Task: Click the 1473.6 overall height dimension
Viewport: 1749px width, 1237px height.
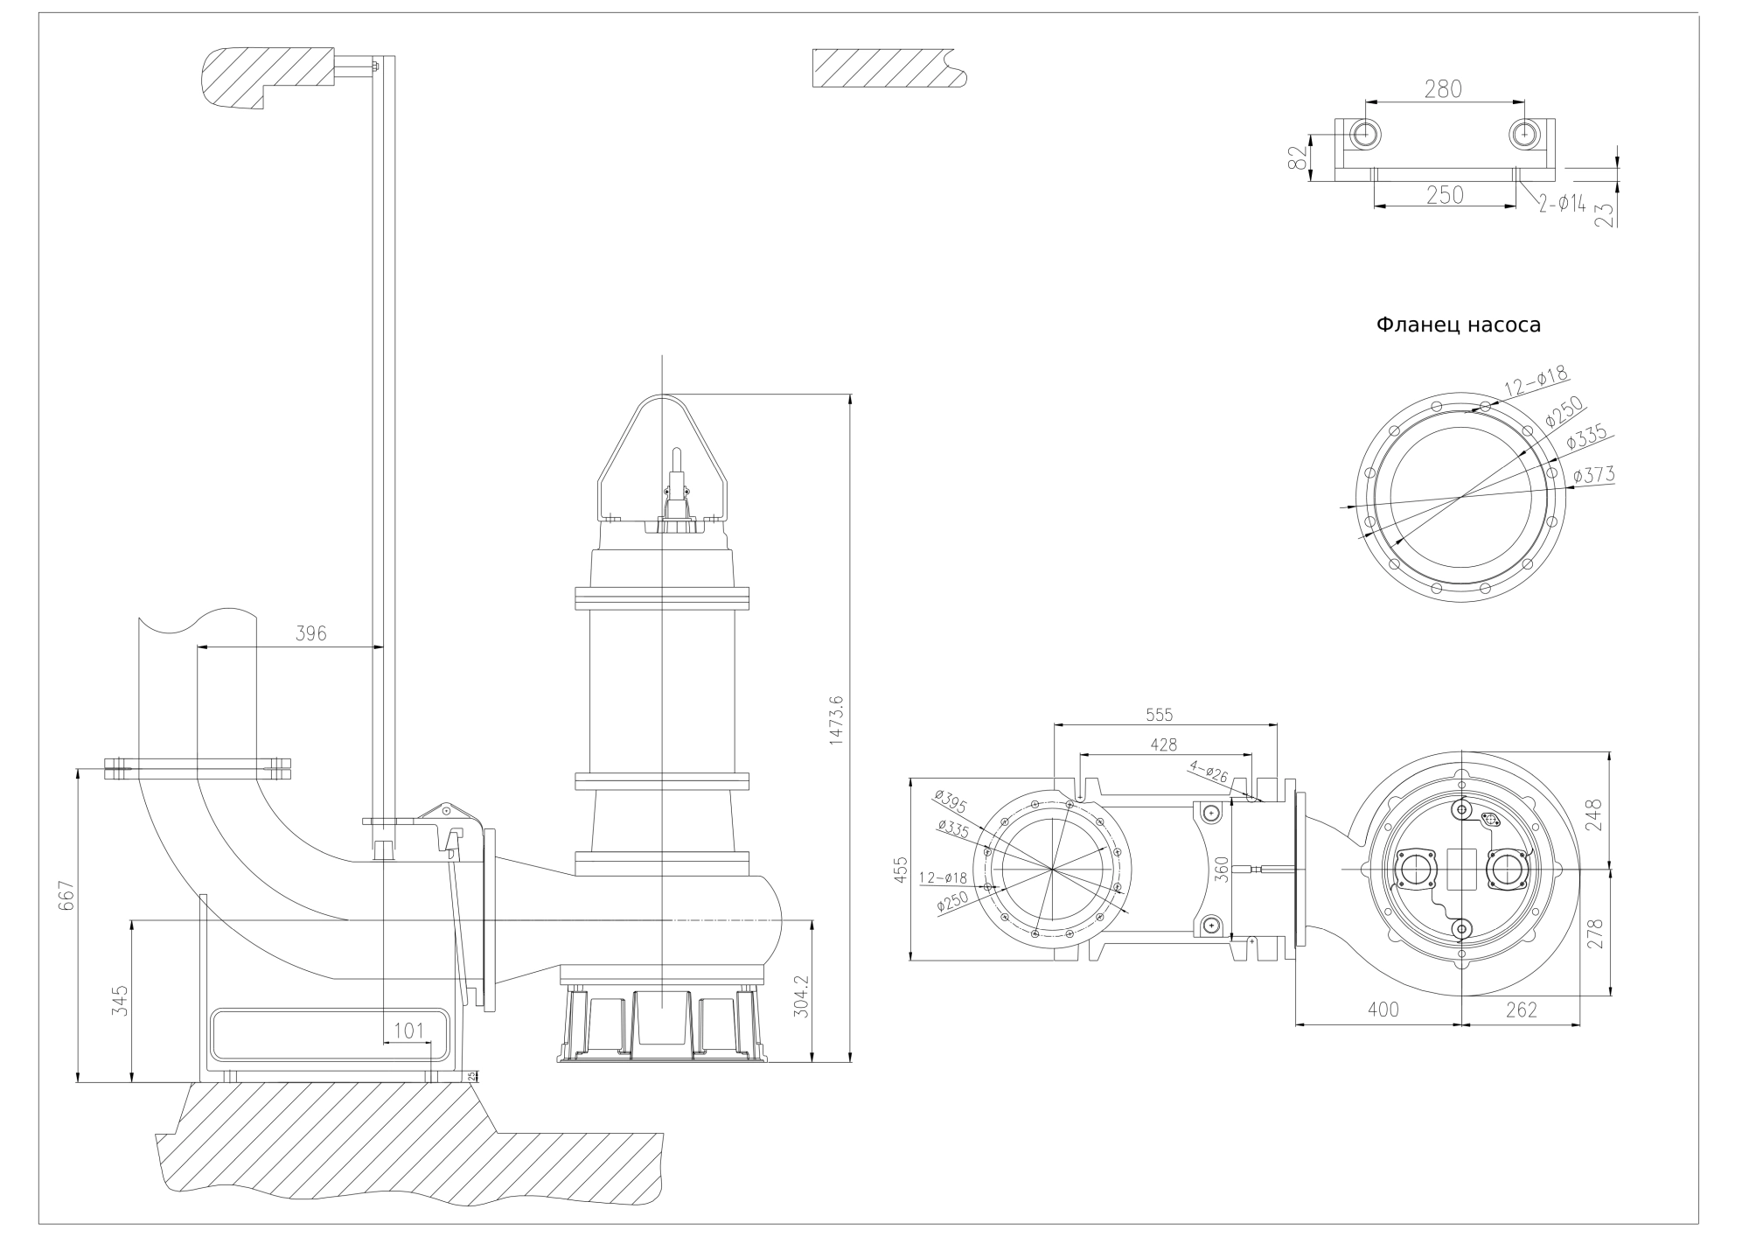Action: point(836,720)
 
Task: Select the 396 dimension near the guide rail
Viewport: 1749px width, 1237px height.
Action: point(310,633)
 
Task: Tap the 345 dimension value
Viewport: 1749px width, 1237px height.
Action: point(121,1000)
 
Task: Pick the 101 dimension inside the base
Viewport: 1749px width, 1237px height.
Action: point(408,1030)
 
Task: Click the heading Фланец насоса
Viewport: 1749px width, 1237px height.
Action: point(1458,325)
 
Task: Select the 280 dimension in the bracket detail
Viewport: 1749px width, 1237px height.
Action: point(1443,89)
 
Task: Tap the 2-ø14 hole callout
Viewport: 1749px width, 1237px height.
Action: point(1563,204)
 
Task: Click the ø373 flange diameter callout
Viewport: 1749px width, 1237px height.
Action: point(1593,474)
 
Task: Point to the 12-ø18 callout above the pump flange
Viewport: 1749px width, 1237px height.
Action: point(1536,381)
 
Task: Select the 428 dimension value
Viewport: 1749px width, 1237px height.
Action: point(1163,744)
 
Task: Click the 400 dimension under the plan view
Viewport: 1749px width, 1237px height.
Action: point(1383,1009)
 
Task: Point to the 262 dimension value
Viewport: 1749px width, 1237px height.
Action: point(1522,1009)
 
